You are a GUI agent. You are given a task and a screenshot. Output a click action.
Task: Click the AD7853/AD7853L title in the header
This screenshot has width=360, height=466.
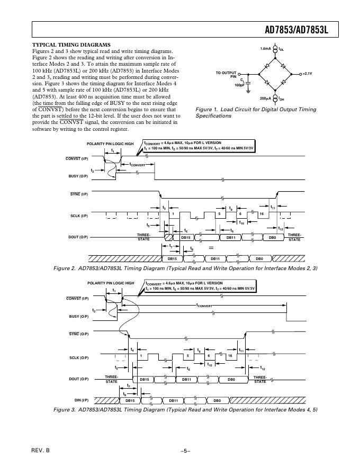[x=296, y=31]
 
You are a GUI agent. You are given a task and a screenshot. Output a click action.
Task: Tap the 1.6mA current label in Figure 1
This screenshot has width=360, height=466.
[x=266, y=49]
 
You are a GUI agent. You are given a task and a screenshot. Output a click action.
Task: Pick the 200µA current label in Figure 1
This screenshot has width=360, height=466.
[x=266, y=98]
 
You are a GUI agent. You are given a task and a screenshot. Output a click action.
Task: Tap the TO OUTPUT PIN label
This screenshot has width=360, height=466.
[x=226, y=74]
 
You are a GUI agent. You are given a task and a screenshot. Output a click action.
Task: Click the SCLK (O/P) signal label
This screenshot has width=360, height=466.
[x=79, y=357]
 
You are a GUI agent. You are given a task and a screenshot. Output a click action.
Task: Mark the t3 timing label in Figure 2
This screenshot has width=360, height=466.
[x=164, y=208]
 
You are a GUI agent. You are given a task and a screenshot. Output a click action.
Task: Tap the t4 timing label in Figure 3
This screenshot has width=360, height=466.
[x=132, y=349]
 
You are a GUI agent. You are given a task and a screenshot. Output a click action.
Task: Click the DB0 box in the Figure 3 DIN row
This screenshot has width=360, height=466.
[x=217, y=400]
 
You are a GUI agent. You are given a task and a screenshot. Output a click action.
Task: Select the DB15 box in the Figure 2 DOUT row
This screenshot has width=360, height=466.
[x=186, y=238]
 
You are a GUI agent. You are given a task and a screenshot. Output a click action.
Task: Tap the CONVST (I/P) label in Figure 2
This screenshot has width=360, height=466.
[x=77, y=158]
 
